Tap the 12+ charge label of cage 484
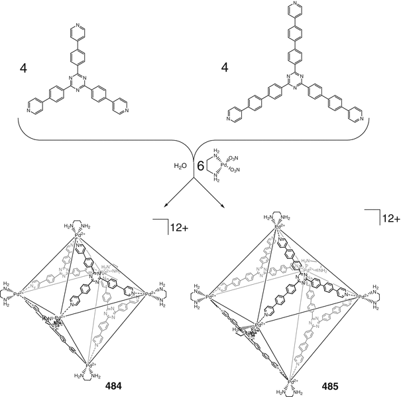tap(178, 228)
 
